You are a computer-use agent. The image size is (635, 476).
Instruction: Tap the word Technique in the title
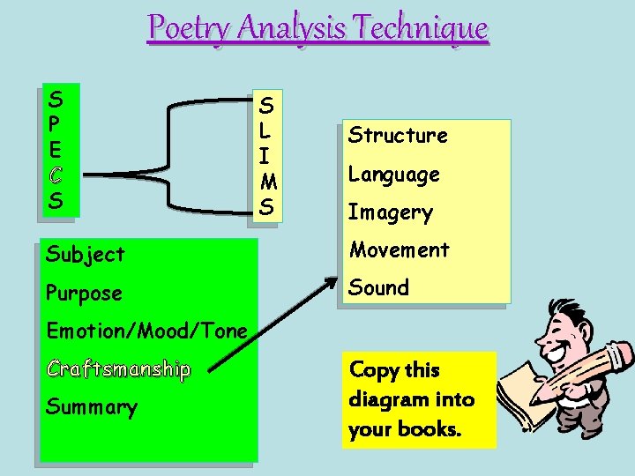click(x=425, y=28)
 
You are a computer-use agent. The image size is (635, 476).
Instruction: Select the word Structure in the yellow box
click(x=398, y=136)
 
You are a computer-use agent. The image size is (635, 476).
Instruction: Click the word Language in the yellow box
click(x=393, y=175)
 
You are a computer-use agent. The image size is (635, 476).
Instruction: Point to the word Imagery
click(x=390, y=212)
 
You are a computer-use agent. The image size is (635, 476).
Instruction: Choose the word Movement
click(x=400, y=250)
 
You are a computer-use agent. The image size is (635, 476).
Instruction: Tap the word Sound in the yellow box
click(x=379, y=288)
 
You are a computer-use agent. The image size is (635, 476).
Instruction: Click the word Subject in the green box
click(x=86, y=255)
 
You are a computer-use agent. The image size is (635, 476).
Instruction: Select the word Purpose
click(x=84, y=293)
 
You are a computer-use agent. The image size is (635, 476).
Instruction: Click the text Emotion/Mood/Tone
click(x=146, y=331)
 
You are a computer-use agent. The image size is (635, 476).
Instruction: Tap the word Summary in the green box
click(x=92, y=407)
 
